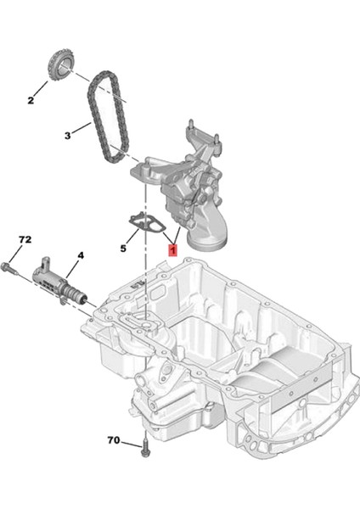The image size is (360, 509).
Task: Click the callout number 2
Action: coord(31,101)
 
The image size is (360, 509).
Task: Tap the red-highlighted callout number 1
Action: coord(172,251)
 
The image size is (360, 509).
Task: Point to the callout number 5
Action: coord(123,249)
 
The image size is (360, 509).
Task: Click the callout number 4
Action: coord(81,254)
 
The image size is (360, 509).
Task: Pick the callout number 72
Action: coord(24,240)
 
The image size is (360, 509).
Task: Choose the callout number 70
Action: coord(114,440)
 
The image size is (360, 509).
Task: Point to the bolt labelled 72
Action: coord(9,269)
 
